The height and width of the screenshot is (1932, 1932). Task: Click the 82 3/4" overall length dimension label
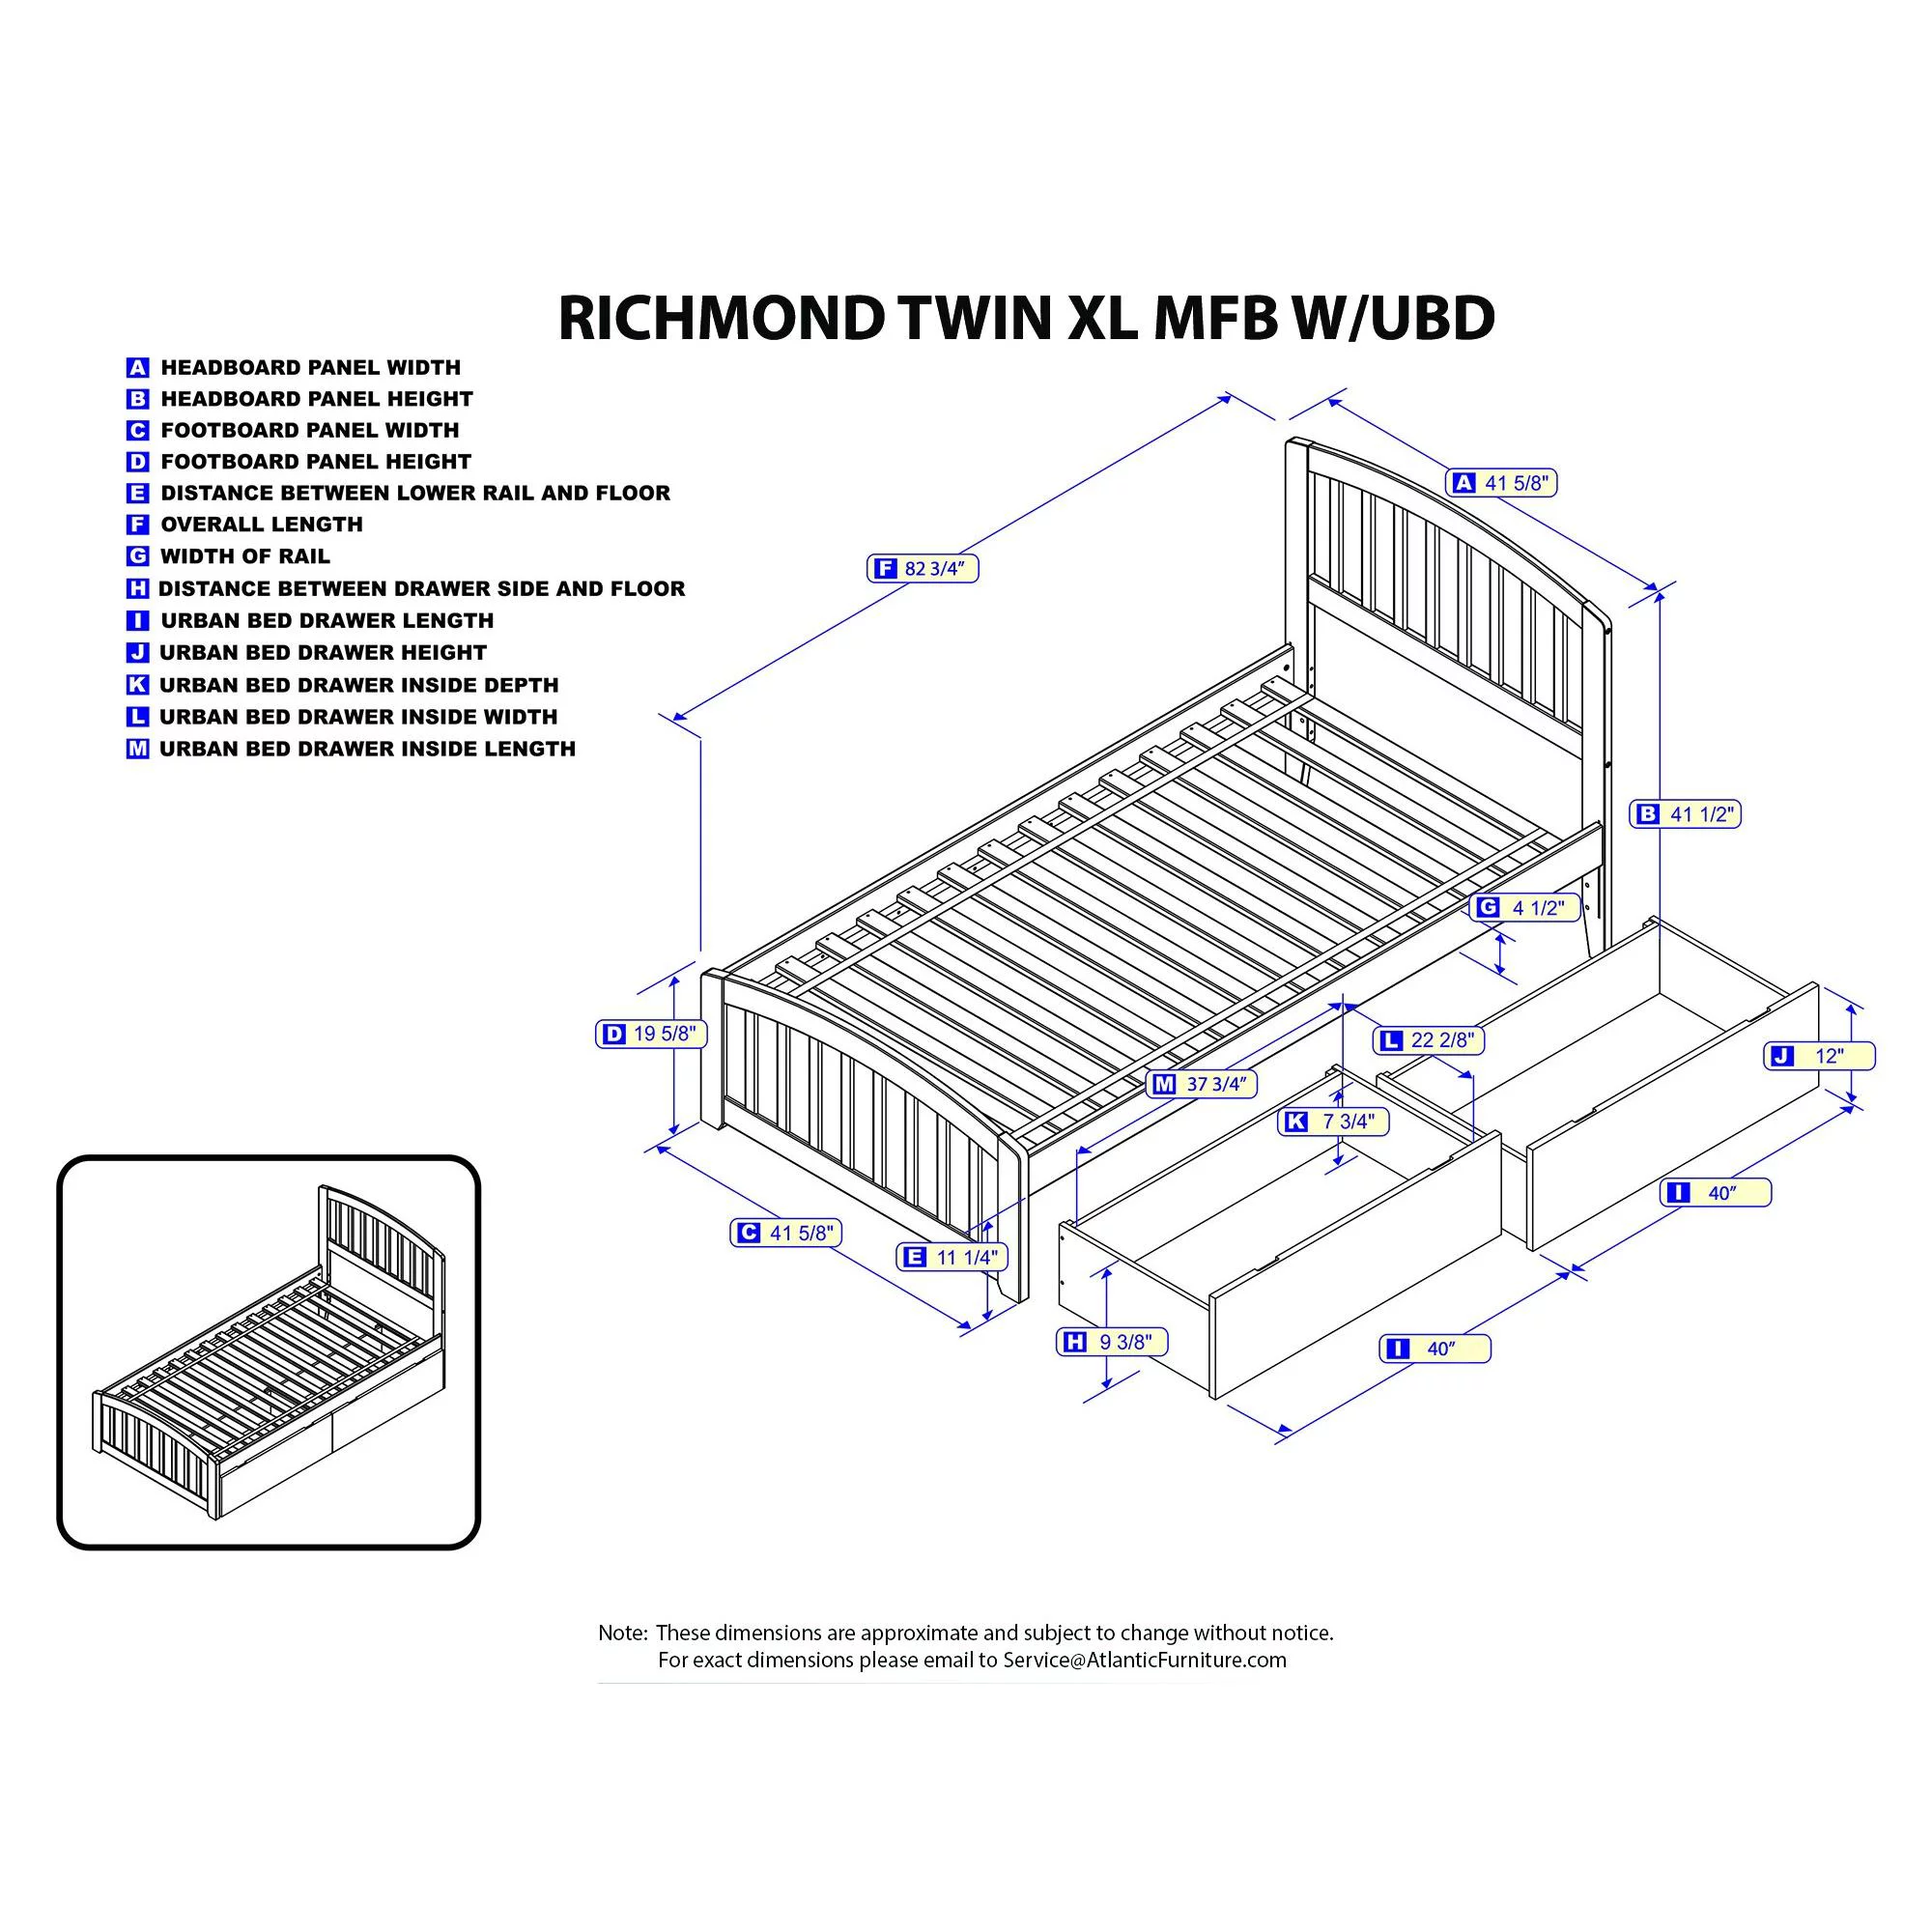click(x=922, y=569)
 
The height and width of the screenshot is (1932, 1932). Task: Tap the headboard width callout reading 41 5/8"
click(x=1502, y=483)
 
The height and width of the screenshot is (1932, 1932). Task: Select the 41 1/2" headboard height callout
click(x=1685, y=814)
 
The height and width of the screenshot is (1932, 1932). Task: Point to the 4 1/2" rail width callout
click(x=1524, y=908)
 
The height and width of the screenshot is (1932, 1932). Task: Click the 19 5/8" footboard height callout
click(x=651, y=1034)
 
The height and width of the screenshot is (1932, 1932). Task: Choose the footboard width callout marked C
click(x=785, y=1233)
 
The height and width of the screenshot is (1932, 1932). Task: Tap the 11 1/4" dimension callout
click(x=953, y=1257)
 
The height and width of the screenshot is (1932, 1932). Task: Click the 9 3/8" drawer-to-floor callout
click(x=1112, y=1342)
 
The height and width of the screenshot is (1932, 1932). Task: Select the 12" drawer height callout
click(x=1819, y=1056)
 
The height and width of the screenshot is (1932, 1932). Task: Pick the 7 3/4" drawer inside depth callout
click(x=1333, y=1122)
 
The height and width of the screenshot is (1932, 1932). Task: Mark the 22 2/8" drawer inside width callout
click(x=1428, y=1040)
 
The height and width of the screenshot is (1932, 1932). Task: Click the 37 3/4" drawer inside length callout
click(x=1202, y=1084)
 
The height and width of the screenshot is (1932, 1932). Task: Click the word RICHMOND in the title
click(x=721, y=319)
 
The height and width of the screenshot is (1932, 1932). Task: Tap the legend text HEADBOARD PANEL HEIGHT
click(x=316, y=399)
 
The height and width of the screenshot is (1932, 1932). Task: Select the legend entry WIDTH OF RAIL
click(x=245, y=556)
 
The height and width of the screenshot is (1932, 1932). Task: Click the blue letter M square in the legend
click(x=137, y=749)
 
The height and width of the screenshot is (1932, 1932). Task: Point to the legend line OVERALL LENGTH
click(x=261, y=524)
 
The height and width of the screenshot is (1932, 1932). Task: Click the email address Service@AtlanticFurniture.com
click(x=1144, y=1660)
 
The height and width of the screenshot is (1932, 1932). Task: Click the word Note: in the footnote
click(x=622, y=1633)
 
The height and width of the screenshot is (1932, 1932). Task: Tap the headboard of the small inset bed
click(x=381, y=1241)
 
